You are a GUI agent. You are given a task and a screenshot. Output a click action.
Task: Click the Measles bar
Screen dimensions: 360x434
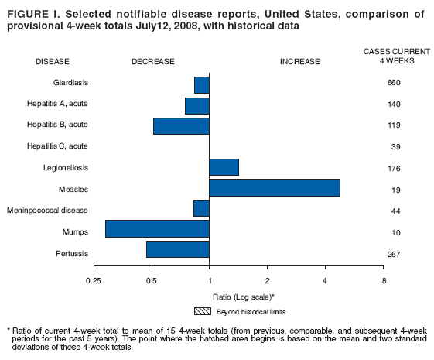[x=274, y=188]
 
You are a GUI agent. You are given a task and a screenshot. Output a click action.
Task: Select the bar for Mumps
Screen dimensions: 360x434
[x=157, y=229]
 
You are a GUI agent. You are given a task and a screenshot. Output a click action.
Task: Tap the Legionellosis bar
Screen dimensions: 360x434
[x=224, y=167]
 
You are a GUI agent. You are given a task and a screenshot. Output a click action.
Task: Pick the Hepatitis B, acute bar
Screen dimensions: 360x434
[x=181, y=125]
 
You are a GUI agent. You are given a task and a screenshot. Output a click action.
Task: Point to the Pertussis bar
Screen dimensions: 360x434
[x=177, y=249]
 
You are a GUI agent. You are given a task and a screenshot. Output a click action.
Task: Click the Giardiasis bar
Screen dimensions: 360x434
[x=201, y=84]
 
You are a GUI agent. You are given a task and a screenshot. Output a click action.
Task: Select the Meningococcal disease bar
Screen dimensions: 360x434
[x=201, y=208]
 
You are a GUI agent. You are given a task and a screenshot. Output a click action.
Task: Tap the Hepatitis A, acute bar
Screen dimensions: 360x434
[x=196, y=105]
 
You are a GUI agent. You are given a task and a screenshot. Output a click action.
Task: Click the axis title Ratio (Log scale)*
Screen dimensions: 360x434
[x=244, y=297]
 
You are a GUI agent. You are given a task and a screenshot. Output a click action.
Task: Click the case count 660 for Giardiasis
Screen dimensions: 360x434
[x=393, y=83]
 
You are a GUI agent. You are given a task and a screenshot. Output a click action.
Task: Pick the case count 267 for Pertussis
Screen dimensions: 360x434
[x=393, y=253]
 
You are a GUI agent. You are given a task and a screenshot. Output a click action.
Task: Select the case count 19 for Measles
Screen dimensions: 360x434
[x=393, y=189]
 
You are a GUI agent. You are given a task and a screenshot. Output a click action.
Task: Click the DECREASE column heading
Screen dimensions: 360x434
[x=152, y=61]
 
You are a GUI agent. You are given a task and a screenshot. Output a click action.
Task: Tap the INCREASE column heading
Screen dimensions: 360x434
[x=302, y=61]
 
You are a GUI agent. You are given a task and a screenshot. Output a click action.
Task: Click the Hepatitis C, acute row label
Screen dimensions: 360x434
[x=60, y=146]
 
